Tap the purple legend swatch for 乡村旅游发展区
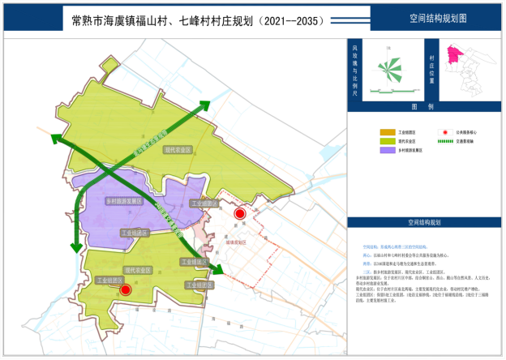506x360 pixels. [386, 150]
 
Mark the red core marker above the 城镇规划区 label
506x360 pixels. [238, 213]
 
